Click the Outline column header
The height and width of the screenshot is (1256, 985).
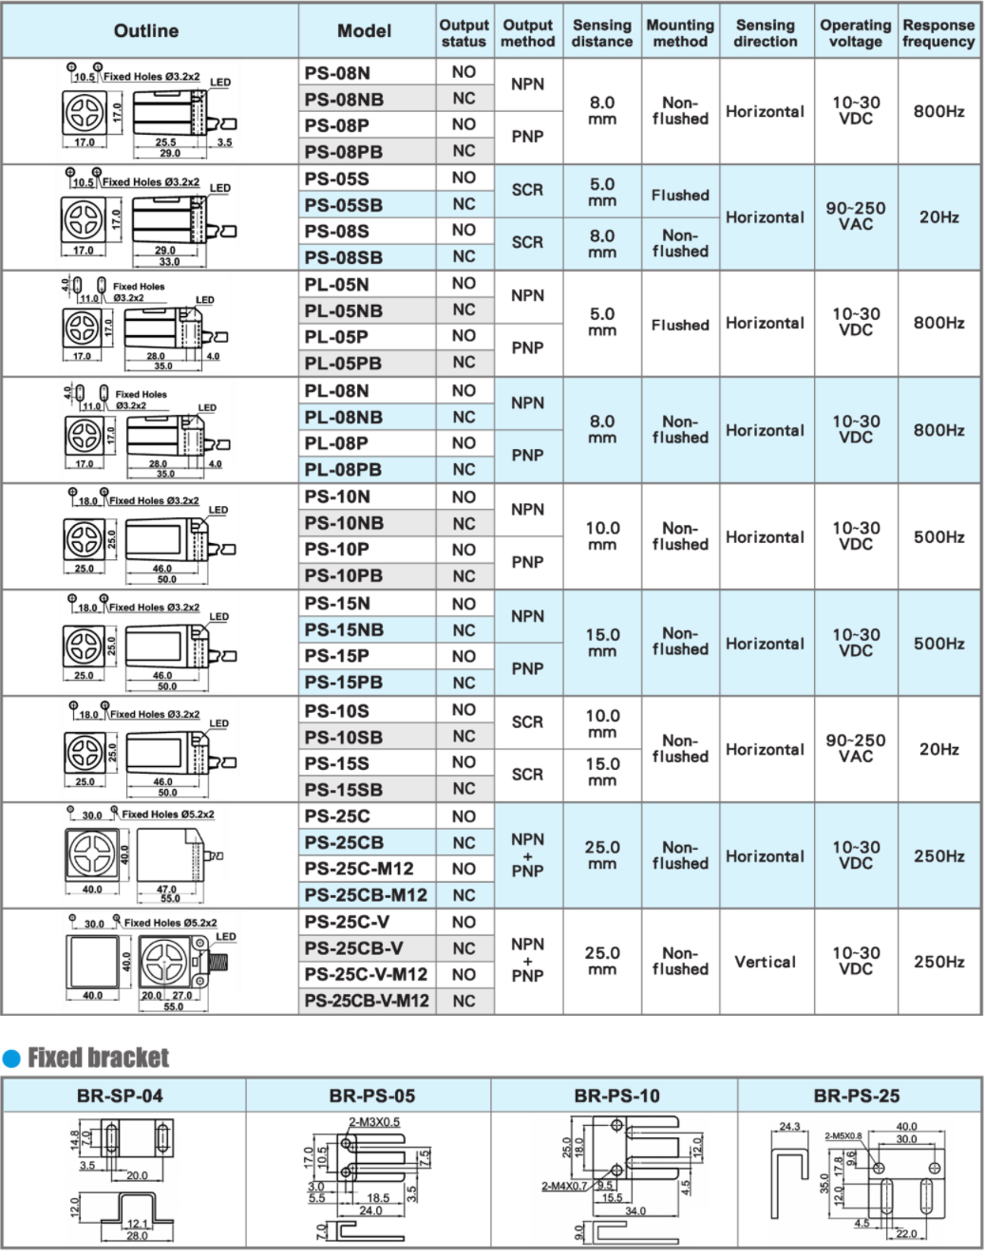[x=146, y=31]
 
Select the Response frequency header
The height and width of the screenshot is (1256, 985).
[x=938, y=33]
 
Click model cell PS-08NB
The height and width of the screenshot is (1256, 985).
[x=344, y=99]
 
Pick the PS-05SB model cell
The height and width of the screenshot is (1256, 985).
[x=343, y=205]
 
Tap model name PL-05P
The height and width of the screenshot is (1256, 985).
[x=336, y=337]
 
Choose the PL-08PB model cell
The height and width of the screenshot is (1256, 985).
[x=343, y=470]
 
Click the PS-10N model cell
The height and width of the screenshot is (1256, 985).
[x=337, y=497]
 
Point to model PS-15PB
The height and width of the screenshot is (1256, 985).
[x=343, y=683]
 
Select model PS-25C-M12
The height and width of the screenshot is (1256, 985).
[x=359, y=869]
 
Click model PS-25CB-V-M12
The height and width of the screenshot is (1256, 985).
[x=367, y=1001]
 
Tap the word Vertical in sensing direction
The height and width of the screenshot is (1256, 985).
[x=765, y=962]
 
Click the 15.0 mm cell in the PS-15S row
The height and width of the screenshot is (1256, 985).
[x=602, y=772]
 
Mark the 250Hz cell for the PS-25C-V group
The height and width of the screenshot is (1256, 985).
[x=938, y=962]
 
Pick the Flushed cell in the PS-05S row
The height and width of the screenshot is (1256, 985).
[x=680, y=196]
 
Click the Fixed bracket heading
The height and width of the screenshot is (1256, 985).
[x=98, y=1058]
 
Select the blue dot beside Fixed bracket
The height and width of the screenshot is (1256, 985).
[x=11, y=1059]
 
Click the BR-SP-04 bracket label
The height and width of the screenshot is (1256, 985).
[x=120, y=1096]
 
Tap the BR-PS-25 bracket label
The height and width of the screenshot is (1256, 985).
[x=856, y=1096]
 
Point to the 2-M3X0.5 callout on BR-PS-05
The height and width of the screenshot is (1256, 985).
[x=373, y=1122]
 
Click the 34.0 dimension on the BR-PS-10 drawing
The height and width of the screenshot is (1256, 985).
[x=635, y=1210]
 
